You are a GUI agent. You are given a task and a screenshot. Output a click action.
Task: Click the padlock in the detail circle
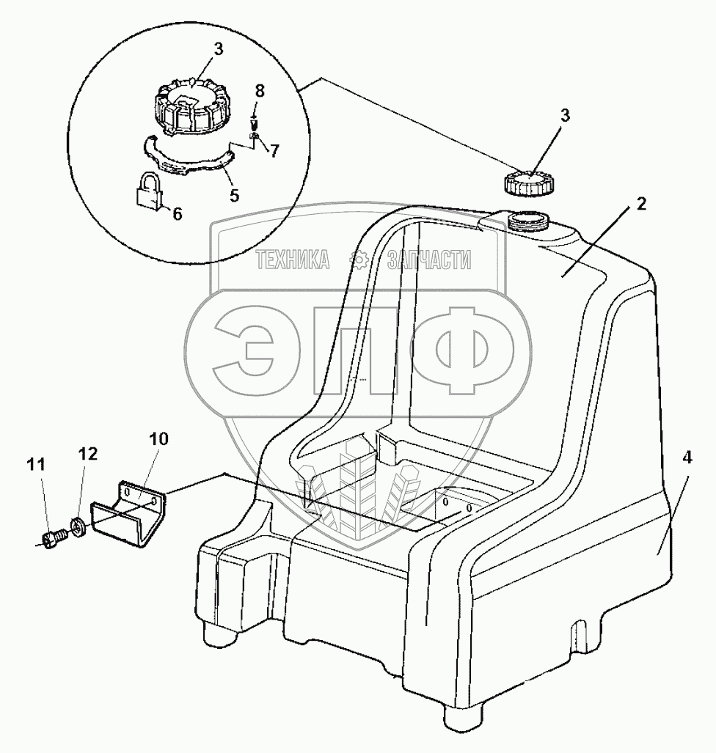150,191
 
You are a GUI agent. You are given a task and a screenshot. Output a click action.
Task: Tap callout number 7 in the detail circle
274,151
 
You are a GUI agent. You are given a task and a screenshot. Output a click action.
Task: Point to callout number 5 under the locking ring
234,196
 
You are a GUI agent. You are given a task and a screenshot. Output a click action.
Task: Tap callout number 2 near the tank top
641,205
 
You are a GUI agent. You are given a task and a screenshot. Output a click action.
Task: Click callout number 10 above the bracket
159,439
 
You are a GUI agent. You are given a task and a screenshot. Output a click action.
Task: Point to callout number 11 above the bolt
37,464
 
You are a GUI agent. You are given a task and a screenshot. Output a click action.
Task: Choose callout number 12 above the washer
87,454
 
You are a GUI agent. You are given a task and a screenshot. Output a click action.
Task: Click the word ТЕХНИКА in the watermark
292,259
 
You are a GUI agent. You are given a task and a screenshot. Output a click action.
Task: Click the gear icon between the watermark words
359,259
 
